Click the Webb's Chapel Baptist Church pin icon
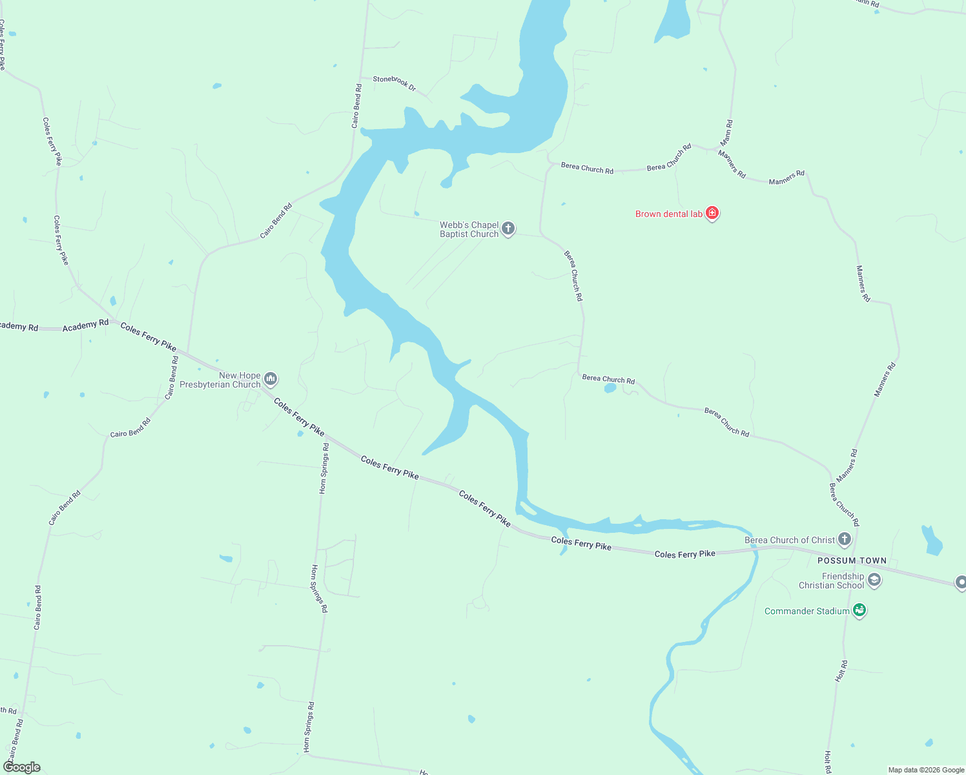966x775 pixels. (x=508, y=228)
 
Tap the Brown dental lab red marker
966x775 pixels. (x=712, y=213)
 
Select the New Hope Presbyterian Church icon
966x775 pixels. (x=271, y=378)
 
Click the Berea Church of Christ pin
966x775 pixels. (x=844, y=539)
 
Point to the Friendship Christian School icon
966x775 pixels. (x=874, y=580)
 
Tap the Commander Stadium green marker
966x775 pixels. (x=859, y=610)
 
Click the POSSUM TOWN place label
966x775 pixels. (x=852, y=561)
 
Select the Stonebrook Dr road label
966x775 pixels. (x=395, y=83)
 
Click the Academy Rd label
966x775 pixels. (x=85, y=325)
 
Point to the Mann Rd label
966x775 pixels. (x=727, y=132)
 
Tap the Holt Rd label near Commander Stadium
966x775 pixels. (x=841, y=671)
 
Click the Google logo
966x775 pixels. (x=22, y=767)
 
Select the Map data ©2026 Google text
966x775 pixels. (x=926, y=770)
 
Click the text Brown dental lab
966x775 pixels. (x=668, y=214)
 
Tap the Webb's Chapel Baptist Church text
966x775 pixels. (x=469, y=229)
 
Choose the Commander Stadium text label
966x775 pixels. (x=807, y=611)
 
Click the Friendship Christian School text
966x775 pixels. (x=831, y=581)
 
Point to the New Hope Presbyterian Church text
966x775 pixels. (x=220, y=380)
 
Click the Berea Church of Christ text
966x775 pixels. (x=790, y=540)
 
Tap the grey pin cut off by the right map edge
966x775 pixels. (x=961, y=583)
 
